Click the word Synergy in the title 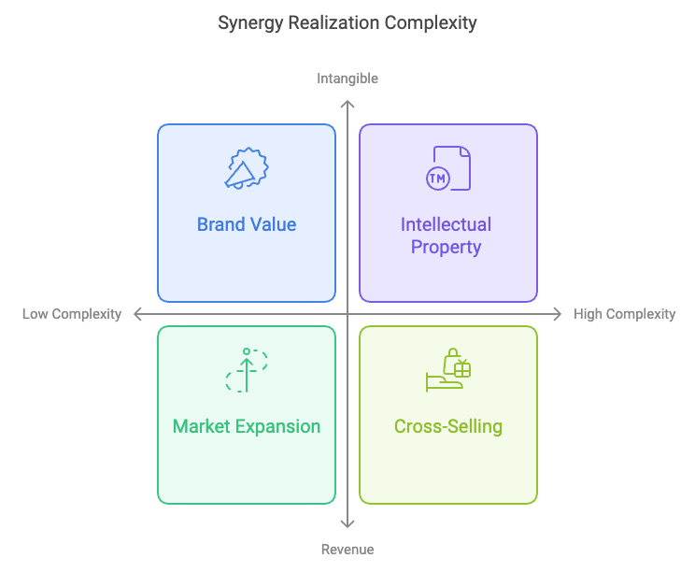tap(250, 23)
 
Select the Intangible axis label tap(347, 79)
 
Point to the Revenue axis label tap(347, 550)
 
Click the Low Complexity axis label tap(72, 314)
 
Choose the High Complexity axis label tap(625, 314)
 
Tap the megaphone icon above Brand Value tap(247, 168)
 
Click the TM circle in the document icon tap(438, 179)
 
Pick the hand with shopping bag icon tap(448, 370)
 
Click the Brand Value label tap(247, 224)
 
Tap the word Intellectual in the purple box tap(446, 224)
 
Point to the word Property tap(446, 248)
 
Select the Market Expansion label tap(247, 426)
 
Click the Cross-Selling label tap(448, 426)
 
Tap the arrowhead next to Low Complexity tap(135, 314)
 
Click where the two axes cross tap(347, 314)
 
